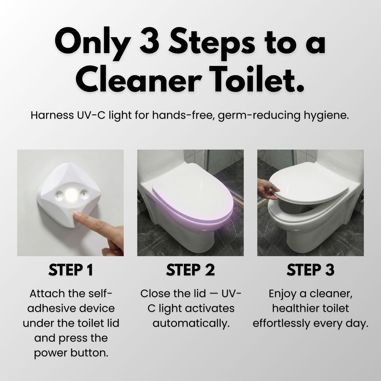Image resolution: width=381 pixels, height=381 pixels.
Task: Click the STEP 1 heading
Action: coord(70,270)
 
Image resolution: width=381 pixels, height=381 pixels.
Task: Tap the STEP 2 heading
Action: coord(190,270)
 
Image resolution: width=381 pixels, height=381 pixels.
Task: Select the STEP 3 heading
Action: coord(310,270)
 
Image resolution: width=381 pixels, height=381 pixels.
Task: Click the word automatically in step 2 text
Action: coord(190,324)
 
